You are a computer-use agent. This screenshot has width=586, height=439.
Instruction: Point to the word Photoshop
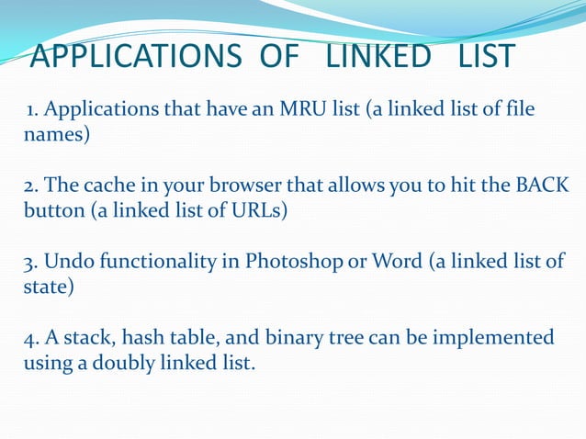287,262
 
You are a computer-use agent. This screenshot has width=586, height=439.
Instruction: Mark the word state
44,286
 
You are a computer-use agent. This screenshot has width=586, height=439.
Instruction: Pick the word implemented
495,337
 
